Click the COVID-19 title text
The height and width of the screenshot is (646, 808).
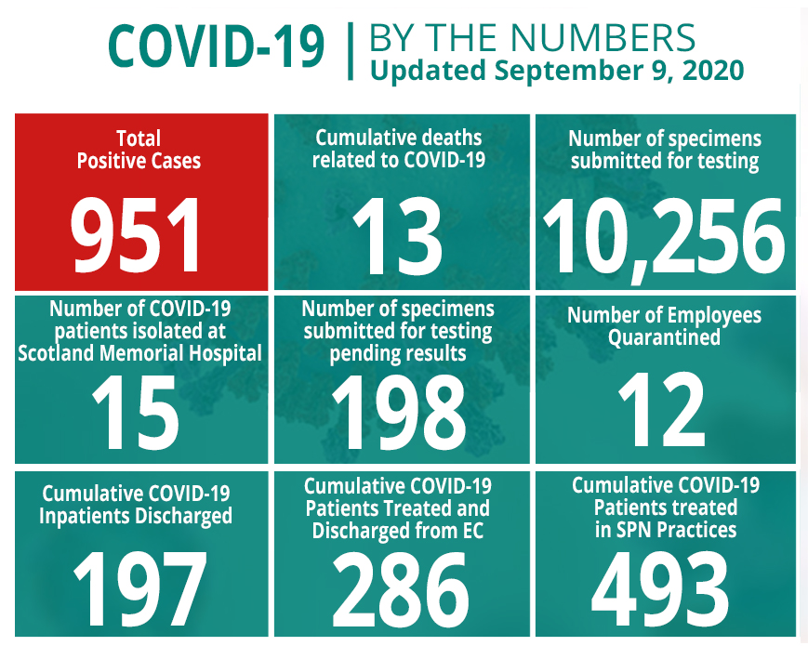(x=217, y=46)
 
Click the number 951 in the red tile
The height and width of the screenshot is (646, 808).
(x=139, y=235)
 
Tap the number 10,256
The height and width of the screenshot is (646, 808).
(x=665, y=235)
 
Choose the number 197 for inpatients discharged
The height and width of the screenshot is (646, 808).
(x=139, y=587)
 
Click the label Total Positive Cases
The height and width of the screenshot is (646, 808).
(x=139, y=149)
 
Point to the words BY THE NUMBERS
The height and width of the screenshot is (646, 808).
(x=532, y=37)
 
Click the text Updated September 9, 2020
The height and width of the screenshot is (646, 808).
(x=556, y=71)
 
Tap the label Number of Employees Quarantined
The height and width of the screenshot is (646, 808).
(x=664, y=325)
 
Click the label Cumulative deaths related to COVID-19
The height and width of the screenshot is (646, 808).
(x=399, y=149)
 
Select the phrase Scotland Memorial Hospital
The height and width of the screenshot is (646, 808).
(x=139, y=352)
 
